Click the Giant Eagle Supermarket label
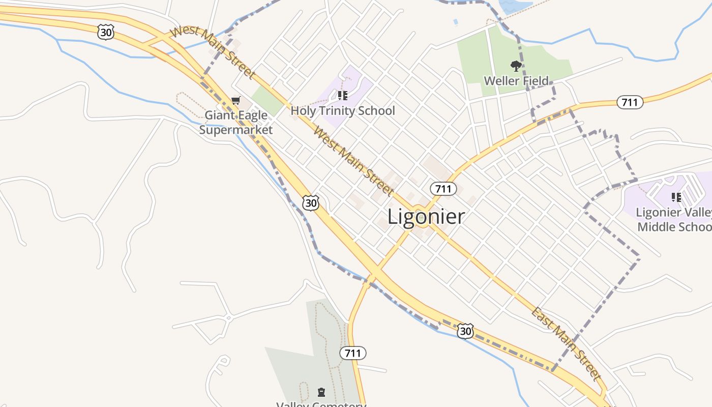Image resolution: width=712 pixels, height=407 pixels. (x=236, y=123)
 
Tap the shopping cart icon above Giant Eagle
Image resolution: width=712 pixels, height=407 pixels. (x=235, y=101)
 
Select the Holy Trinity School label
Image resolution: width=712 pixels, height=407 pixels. (x=343, y=110)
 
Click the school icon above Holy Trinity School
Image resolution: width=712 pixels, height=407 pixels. (x=343, y=96)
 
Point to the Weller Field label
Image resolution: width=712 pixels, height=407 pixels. (x=516, y=81)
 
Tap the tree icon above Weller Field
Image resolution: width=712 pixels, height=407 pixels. (x=516, y=66)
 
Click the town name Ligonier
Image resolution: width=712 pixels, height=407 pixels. (x=426, y=217)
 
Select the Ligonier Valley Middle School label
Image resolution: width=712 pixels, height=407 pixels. (x=674, y=219)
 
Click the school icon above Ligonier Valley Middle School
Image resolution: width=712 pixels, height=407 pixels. (x=676, y=197)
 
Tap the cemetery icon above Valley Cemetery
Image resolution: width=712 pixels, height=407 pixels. (x=321, y=392)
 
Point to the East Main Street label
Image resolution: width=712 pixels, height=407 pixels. (x=567, y=344)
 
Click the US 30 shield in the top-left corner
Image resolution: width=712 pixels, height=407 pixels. (x=105, y=33)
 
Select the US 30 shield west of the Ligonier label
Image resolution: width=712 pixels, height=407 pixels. (x=311, y=203)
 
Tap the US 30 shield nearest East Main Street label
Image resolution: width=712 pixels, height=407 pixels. (x=465, y=331)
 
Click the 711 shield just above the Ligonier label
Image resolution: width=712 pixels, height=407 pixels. (x=443, y=189)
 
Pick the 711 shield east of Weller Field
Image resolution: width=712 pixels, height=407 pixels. (x=630, y=102)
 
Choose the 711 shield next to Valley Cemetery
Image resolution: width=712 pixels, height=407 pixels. (x=353, y=353)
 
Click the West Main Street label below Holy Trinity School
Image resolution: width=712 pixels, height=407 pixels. (x=353, y=161)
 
